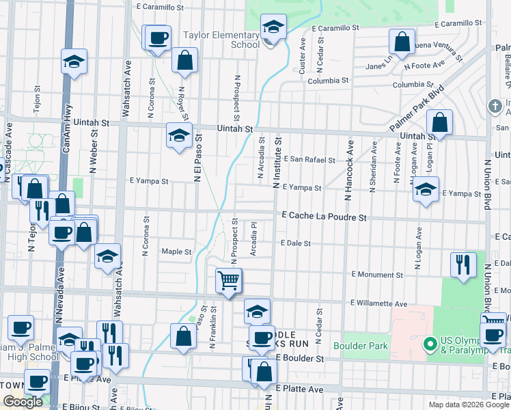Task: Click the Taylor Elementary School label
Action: point(222,39)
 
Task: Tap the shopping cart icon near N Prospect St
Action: point(228,280)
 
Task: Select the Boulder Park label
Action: point(361,346)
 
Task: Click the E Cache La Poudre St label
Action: point(325,217)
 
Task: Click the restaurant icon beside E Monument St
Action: point(463,264)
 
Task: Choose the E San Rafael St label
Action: point(309,161)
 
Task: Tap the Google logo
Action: point(23,402)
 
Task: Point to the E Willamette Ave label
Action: point(378,303)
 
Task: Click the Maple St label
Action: point(176,251)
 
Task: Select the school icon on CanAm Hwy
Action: point(74,63)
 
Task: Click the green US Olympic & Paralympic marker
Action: point(430,342)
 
